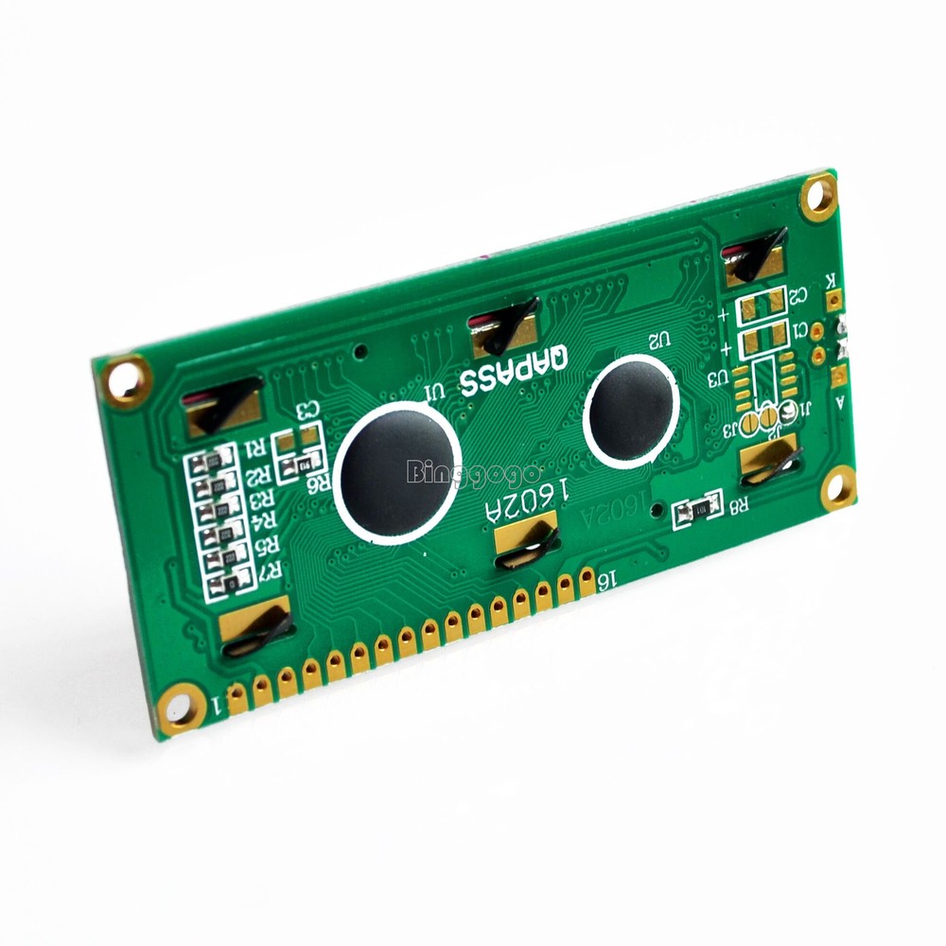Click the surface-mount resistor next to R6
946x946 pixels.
tap(303, 464)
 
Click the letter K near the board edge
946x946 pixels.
tap(830, 280)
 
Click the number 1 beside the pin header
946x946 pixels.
tap(219, 704)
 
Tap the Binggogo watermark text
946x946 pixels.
tap(473, 471)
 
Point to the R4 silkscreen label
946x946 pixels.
tap(266, 519)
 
